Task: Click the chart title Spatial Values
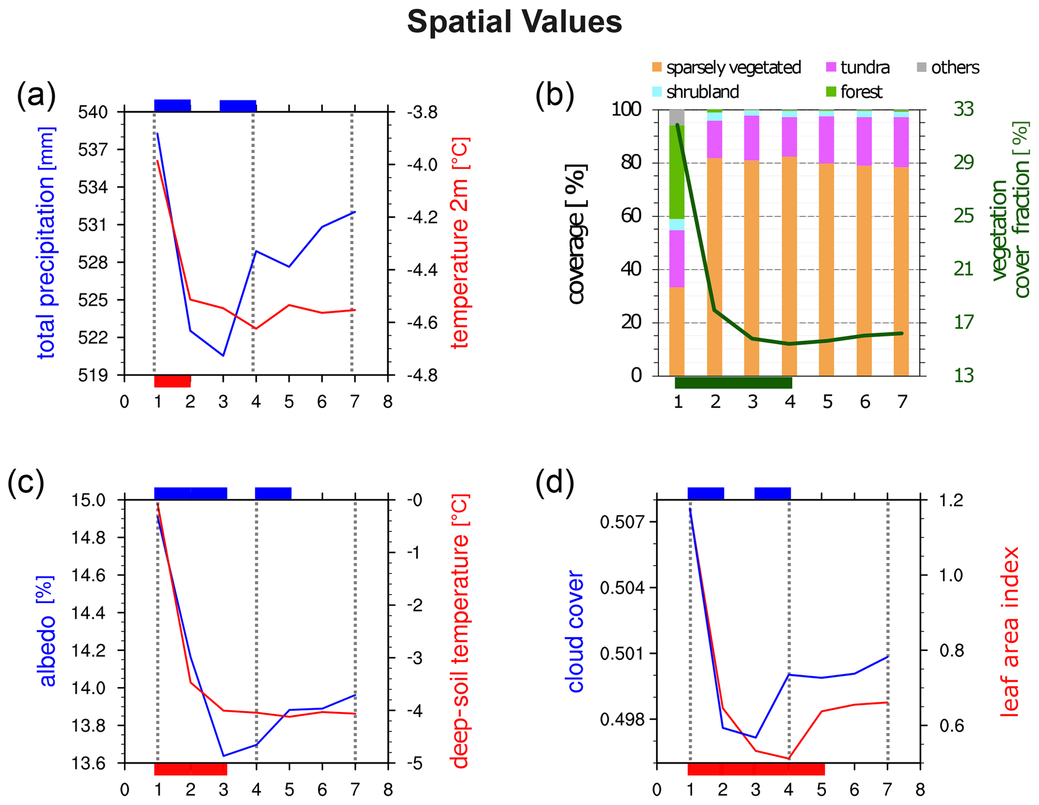point(514,23)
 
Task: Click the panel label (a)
point(36,95)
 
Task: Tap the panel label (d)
point(554,483)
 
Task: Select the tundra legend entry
point(858,67)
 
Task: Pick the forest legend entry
point(854,92)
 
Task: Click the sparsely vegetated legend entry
point(726,67)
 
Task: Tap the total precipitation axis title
point(47,243)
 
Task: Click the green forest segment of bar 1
point(677,172)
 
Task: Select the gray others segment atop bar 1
point(677,117)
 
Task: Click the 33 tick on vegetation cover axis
point(963,109)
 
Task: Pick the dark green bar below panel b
point(733,383)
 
